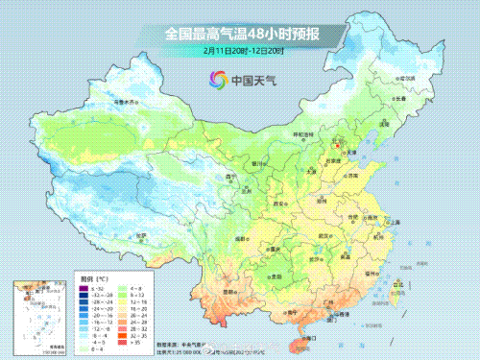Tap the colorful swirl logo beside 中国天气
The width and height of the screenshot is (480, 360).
pos(211,80)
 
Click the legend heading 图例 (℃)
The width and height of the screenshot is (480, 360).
pos(92,276)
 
